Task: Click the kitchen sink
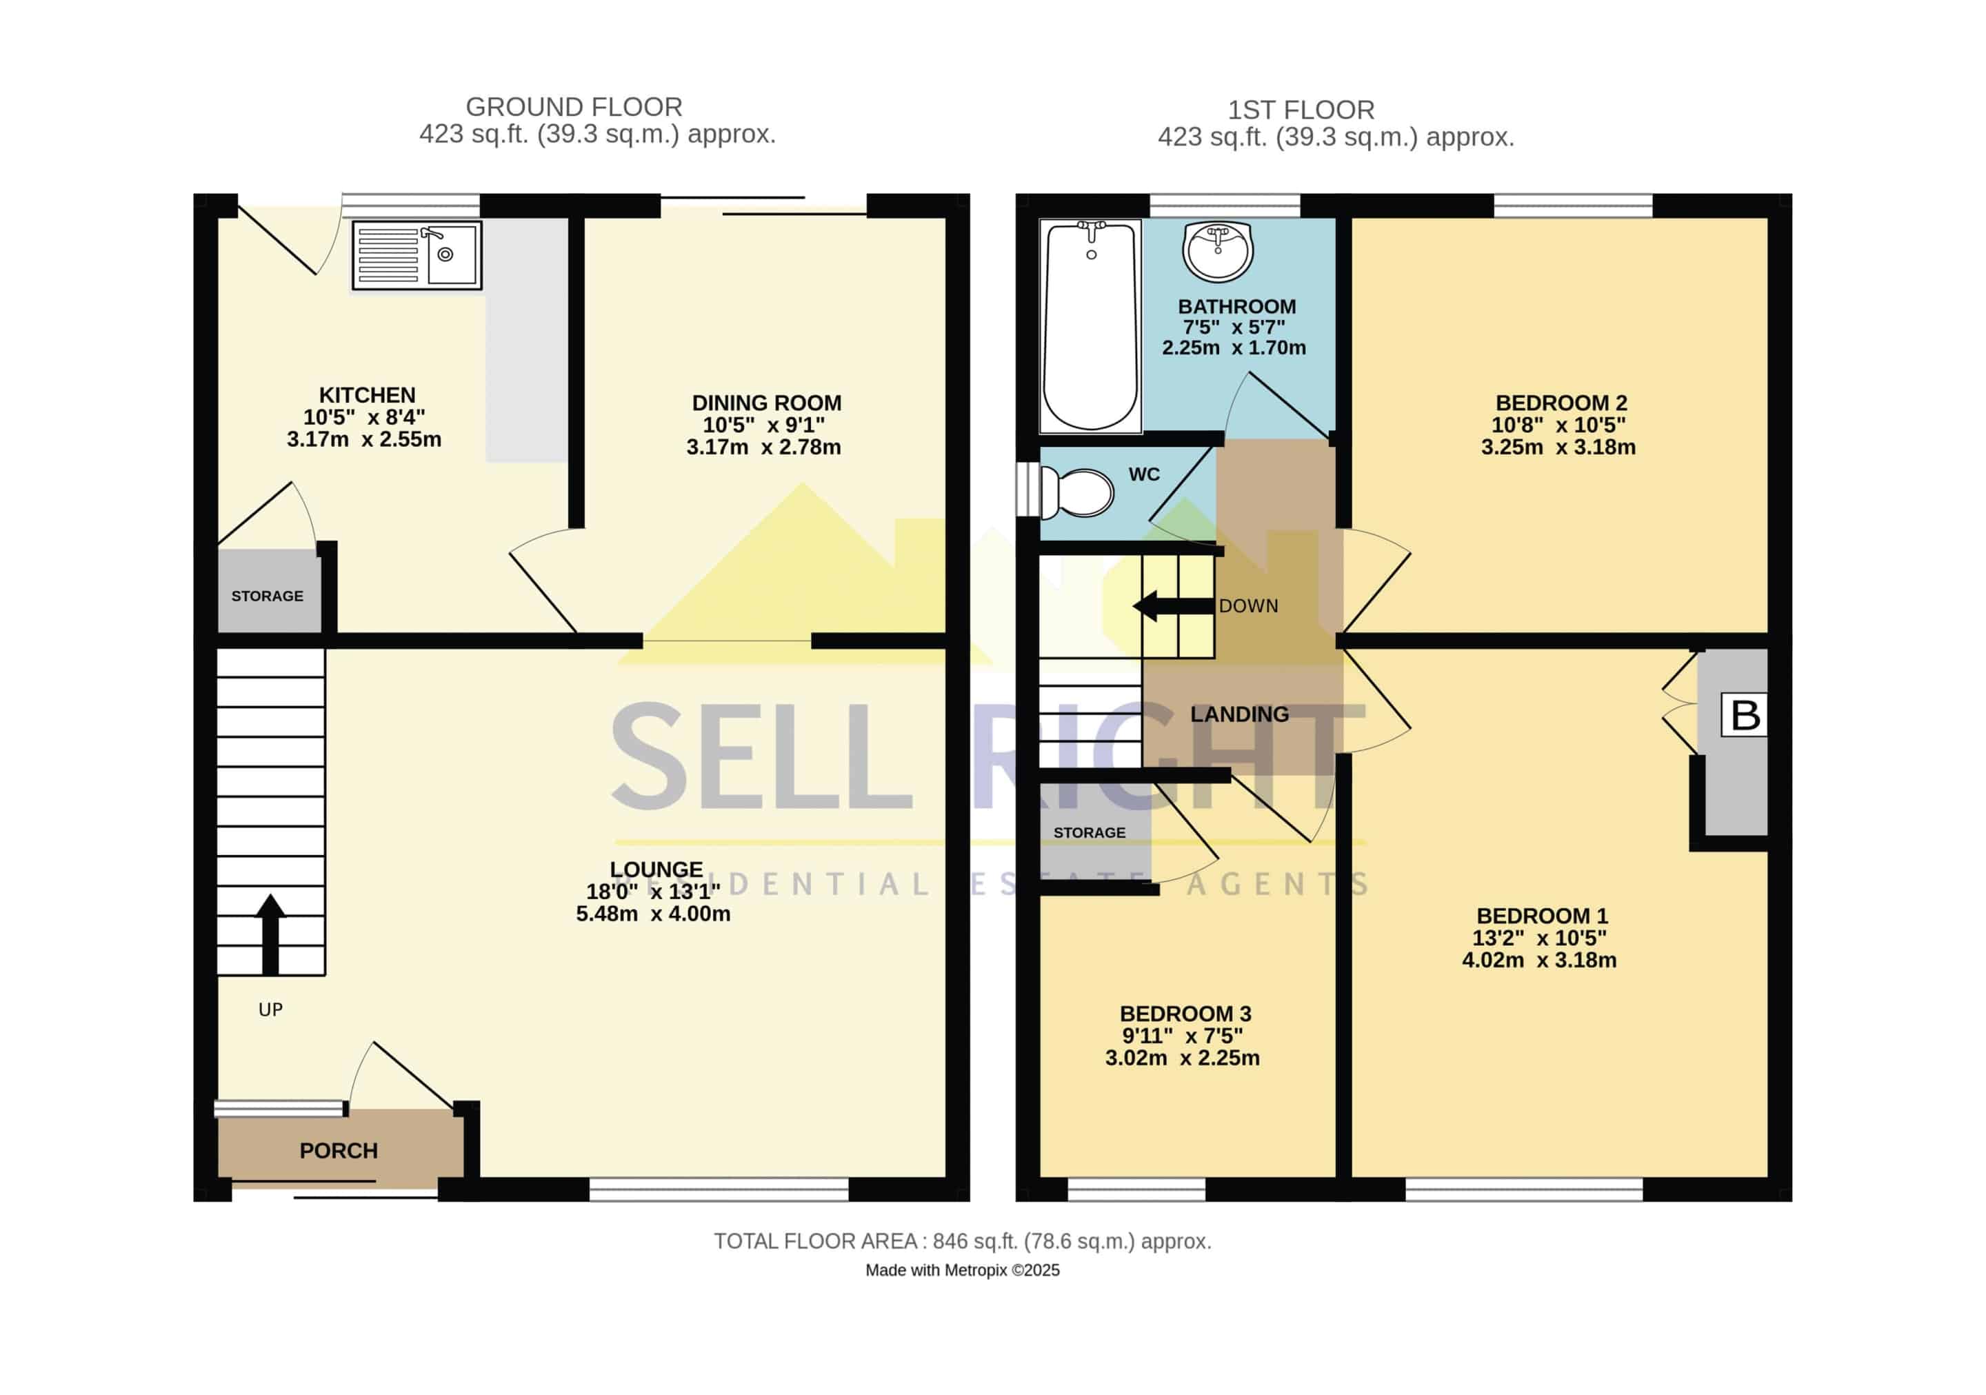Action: tap(417, 255)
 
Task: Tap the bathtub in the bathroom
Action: tap(1091, 326)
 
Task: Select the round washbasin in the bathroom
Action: tap(1217, 251)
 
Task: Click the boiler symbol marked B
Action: tap(1744, 715)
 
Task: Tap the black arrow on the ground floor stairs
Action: tap(271, 934)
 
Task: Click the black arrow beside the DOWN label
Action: tap(1174, 606)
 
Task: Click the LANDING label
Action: tap(1239, 714)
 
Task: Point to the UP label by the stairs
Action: tap(271, 1010)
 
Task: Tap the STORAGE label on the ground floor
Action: tap(268, 596)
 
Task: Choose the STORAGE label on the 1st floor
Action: tap(1089, 833)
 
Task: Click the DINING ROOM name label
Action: tap(766, 403)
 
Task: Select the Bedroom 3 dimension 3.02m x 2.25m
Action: tap(1183, 1058)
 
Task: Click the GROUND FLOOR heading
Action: tap(574, 108)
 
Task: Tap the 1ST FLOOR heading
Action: tap(1301, 111)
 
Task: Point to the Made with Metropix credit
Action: tap(962, 1270)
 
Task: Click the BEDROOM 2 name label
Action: tap(1561, 403)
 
